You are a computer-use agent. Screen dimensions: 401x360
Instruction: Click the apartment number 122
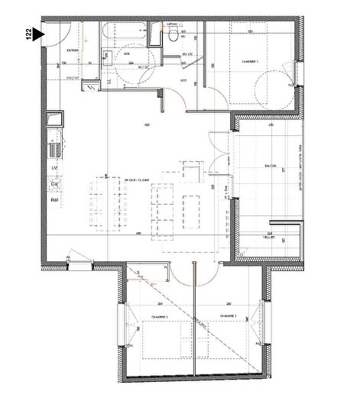[29, 37]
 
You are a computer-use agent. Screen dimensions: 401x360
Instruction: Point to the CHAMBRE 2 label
[227, 314]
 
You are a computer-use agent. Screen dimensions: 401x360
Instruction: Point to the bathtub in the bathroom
[126, 34]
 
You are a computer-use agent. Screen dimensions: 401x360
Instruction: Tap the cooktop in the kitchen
[56, 121]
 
